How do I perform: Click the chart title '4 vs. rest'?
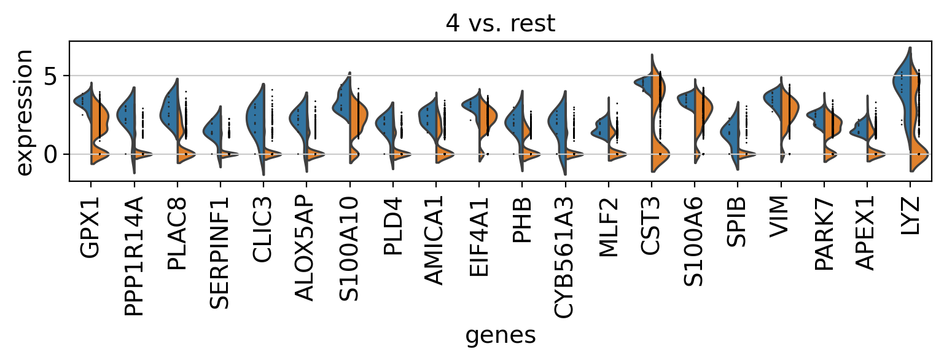500,23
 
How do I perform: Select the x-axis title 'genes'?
500,335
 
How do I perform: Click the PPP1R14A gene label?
134,257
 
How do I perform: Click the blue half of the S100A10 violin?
341,101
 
